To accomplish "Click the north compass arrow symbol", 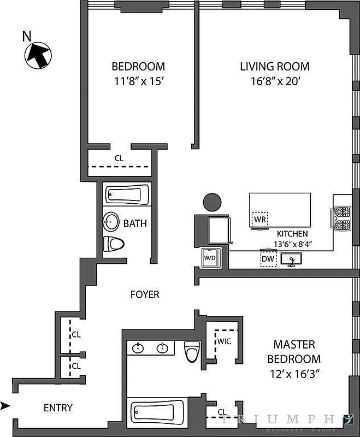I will pyautogui.click(x=37, y=55).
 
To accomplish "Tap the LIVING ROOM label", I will pyautogui.click(x=275, y=67).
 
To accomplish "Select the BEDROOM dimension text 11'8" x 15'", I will pyautogui.click(x=138, y=82).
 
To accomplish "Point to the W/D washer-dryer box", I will pyautogui.click(x=210, y=257).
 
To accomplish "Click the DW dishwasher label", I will pyautogui.click(x=268, y=258).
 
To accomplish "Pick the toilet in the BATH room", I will pyautogui.click(x=114, y=244).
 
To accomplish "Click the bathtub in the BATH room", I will pyautogui.click(x=127, y=194).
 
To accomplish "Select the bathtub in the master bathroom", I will pyautogui.click(x=159, y=414).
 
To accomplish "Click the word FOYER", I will pyautogui.click(x=145, y=294).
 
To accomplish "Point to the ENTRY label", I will pyautogui.click(x=58, y=408).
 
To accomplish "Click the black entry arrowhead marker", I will pyautogui.click(x=5, y=405).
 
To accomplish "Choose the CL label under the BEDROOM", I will pyautogui.click(x=119, y=158).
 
